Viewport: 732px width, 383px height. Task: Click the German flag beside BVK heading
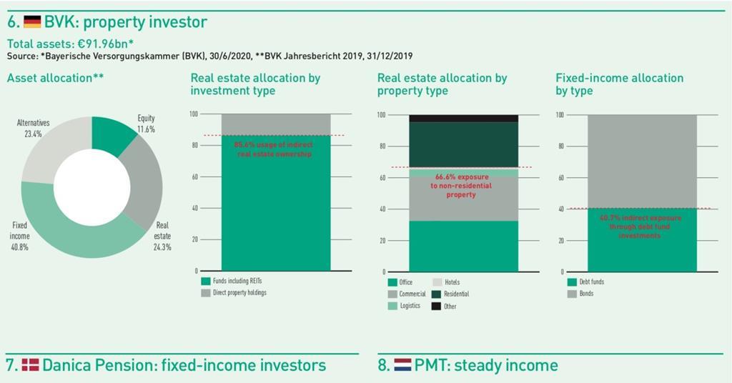(32, 22)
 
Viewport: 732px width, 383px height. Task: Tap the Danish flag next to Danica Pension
(30, 365)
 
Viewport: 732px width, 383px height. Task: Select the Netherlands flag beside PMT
(402, 365)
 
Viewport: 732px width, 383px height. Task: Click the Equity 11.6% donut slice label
(146, 123)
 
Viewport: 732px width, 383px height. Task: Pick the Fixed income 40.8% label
(20, 230)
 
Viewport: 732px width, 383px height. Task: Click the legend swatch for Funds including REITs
(206, 282)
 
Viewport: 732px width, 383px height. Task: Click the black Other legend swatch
(436, 306)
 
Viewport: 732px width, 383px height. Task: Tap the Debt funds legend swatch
(572, 282)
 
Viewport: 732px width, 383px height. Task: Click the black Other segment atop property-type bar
(463, 118)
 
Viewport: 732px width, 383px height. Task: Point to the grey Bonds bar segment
(641, 161)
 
